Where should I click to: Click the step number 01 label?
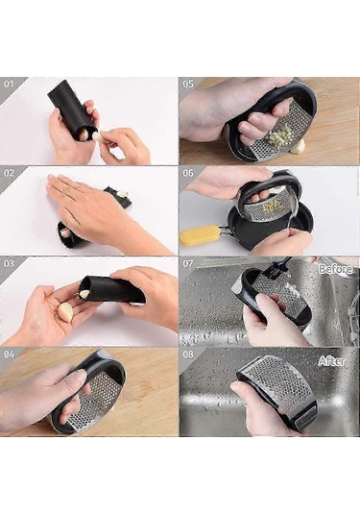(x=9, y=84)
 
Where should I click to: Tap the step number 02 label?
(x=10, y=173)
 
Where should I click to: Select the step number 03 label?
(x=10, y=263)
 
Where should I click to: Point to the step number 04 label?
(x=10, y=355)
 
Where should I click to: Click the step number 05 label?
(x=188, y=84)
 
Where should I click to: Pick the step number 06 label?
(x=188, y=173)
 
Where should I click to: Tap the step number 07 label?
(x=188, y=263)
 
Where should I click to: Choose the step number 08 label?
(x=188, y=355)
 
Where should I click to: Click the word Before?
(x=336, y=269)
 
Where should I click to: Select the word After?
(x=332, y=361)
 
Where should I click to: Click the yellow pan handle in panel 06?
(x=200, y=235)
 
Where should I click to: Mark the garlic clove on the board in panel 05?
(x=299, y=146)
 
